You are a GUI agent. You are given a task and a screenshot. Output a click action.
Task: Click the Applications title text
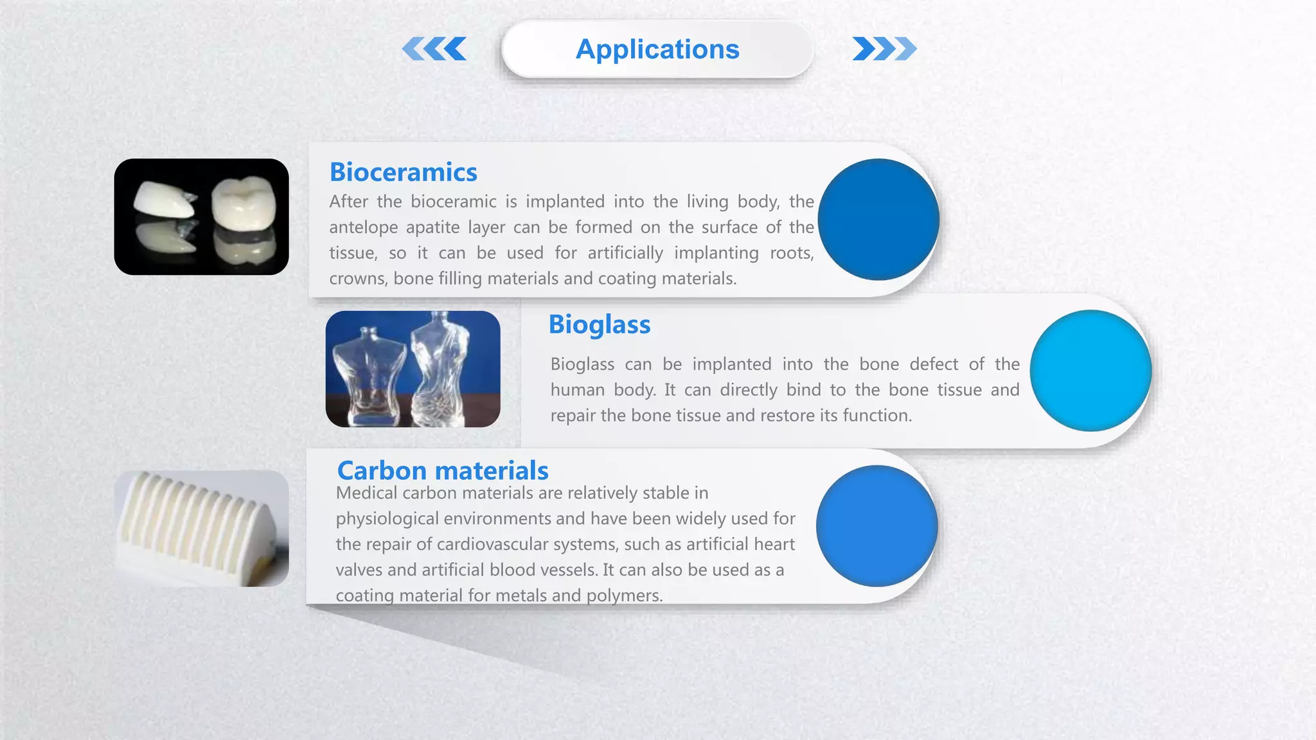point(657,49)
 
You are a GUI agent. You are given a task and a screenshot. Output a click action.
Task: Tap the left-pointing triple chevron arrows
point(435,49)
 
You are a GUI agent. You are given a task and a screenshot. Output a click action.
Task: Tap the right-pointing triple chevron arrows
point(884,49)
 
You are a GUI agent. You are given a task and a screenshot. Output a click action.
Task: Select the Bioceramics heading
point(403,172)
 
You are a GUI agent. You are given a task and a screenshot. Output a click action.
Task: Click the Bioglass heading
point(599,324)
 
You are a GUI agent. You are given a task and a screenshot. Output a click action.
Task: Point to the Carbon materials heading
point(442,470)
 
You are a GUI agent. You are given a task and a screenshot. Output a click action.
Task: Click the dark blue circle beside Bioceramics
point(878,220)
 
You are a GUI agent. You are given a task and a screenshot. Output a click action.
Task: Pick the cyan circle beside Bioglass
point(1090,371)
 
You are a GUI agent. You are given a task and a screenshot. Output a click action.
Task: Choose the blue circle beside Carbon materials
point(876,526)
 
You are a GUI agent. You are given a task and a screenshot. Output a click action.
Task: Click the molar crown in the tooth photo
point(244,204)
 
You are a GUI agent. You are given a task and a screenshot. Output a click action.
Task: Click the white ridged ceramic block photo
point(201,528)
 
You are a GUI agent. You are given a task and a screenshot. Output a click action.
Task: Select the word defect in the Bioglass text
point(933,364)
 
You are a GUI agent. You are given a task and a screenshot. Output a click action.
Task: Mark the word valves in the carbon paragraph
point(359,570)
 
